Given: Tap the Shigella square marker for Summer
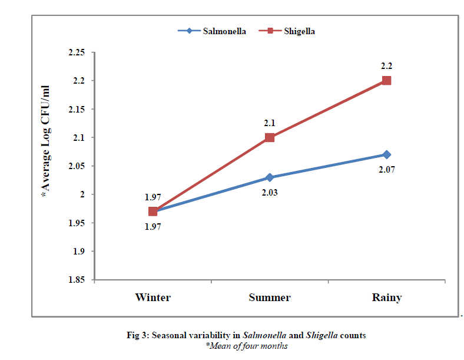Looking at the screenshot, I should pyautogui.click(x=270, y=137).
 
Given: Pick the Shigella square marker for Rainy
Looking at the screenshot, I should pyautogui.click(x=386, y=80).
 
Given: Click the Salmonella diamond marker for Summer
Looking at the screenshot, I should pyautogui.click(x=270, y=177).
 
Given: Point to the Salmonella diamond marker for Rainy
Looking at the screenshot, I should pyautogui.click(x=386, y=154).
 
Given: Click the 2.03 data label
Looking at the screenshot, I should pyautogui.click(x=269, y=192).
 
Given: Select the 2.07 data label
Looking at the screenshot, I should pyautogui.click(x=386, y=169).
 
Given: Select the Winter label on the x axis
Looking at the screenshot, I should pyautogui.click(x=153, y=298).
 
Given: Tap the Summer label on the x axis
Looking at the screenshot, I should pyautogui.click(x=270, y=298).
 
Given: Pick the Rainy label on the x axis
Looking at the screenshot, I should pyautogui.click(x=386, y=298).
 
